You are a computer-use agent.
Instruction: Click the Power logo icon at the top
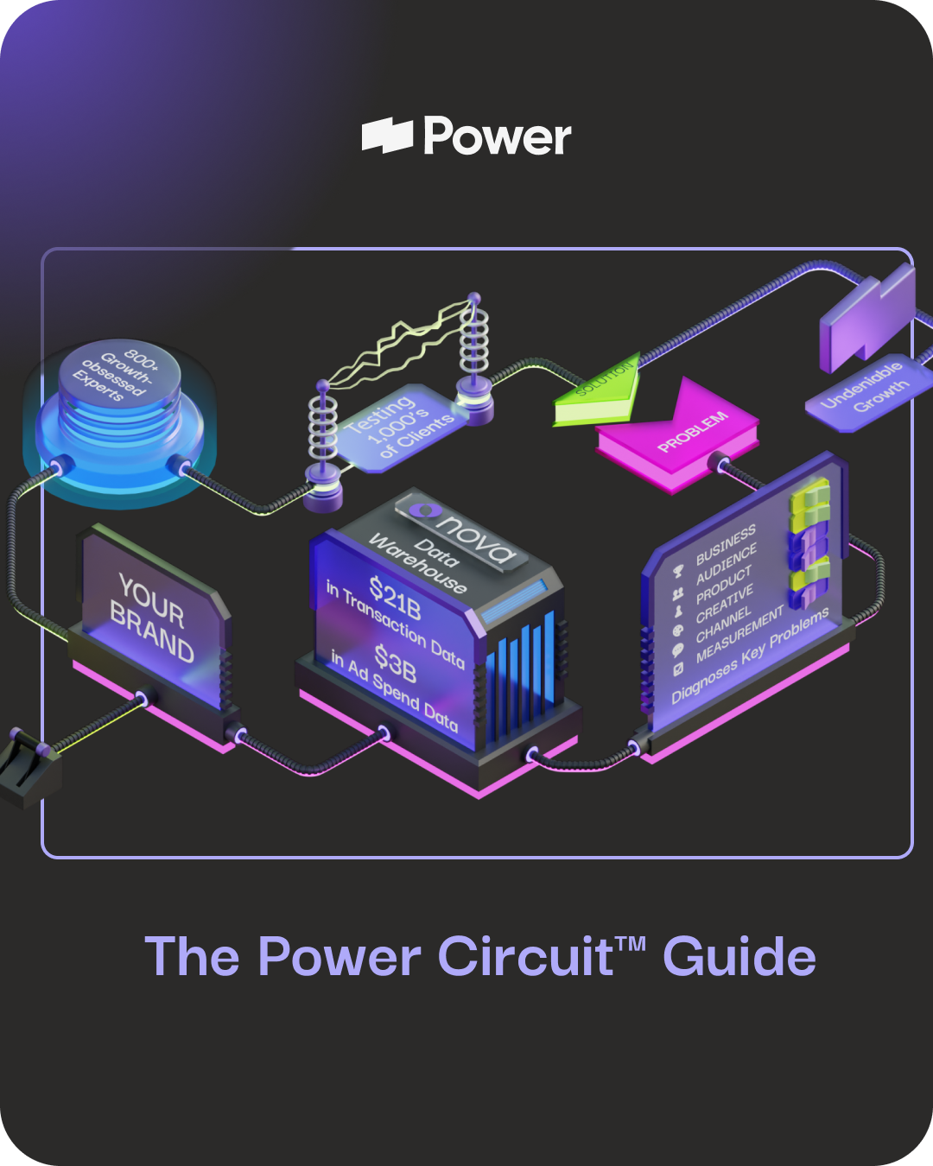tap(387, 136)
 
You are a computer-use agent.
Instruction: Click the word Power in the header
tap(498, 136)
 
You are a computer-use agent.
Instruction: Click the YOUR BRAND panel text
tap(152, 618)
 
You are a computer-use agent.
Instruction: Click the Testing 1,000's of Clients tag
tap(397, 428)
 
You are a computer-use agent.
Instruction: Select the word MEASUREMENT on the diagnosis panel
tap(739, 634)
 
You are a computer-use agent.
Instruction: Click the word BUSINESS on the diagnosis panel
tap(726, 544)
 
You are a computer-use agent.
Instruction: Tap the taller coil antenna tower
tap(473, 345)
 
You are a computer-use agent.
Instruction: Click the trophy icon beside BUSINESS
tap(678, 572)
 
